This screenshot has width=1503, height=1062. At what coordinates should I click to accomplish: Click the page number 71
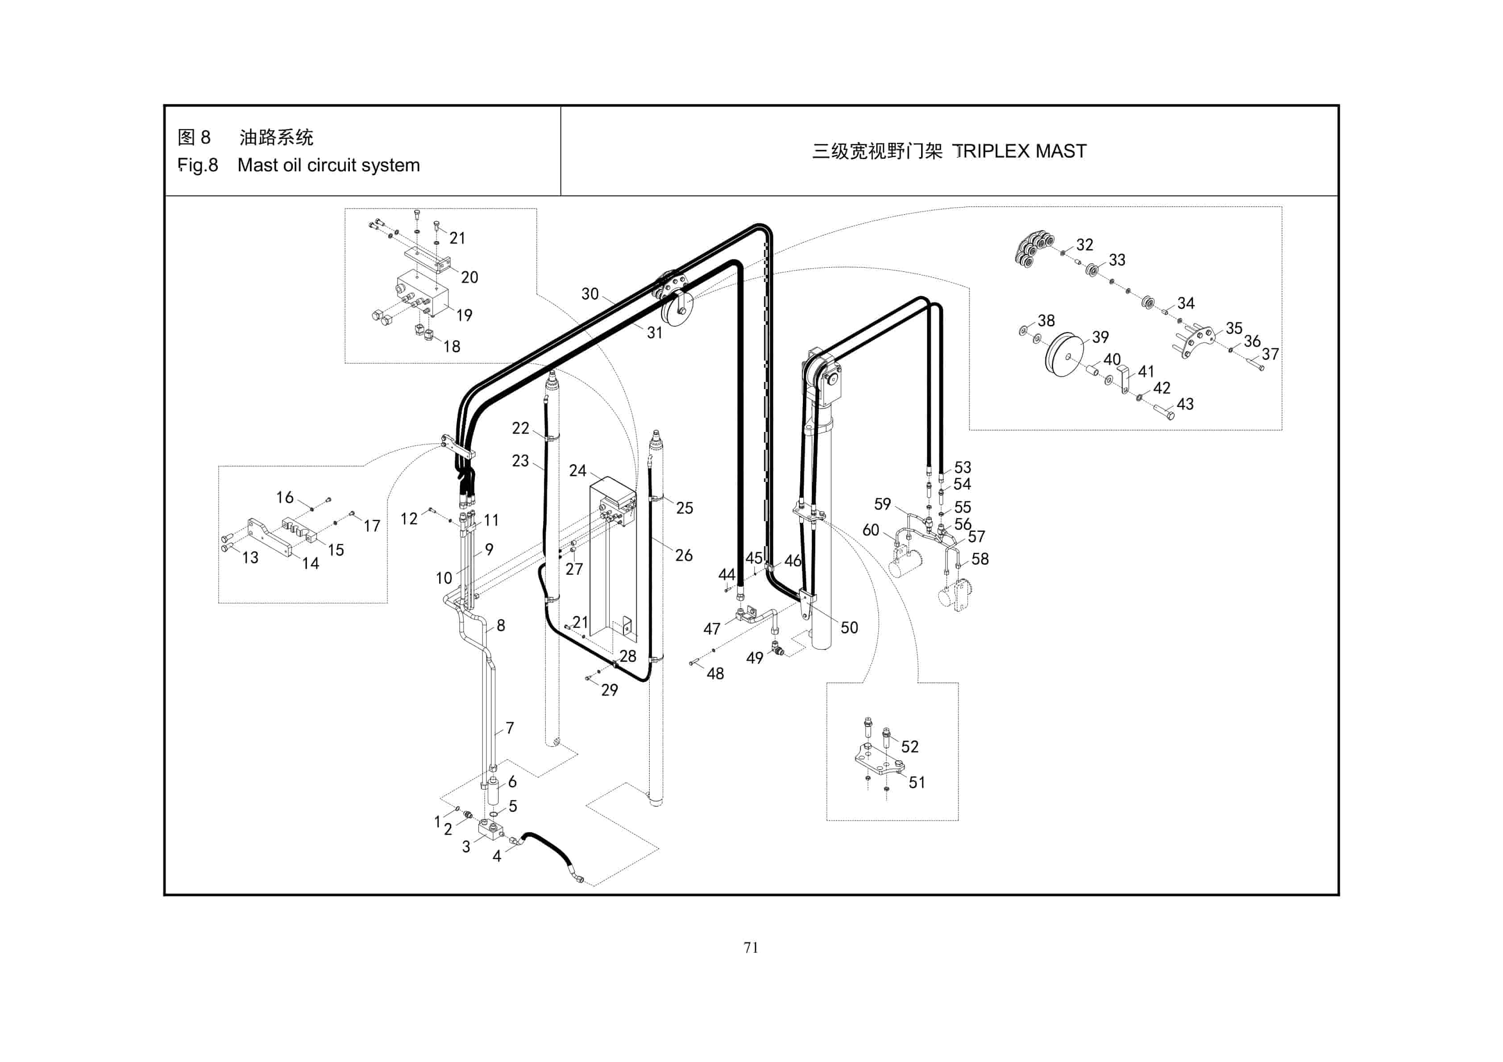pos(751,947)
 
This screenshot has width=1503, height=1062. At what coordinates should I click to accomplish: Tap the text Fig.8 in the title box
pos(198,165)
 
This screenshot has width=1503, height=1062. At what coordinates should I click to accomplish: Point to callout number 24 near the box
pos(577,471)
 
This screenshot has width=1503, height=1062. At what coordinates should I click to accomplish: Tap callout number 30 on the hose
pos(590,294)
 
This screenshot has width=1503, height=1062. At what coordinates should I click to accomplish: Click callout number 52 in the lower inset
pos(909,747)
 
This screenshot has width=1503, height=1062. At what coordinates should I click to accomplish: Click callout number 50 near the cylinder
pos(849,627)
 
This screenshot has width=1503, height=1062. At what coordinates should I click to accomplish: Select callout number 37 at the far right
pos(1270,354)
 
